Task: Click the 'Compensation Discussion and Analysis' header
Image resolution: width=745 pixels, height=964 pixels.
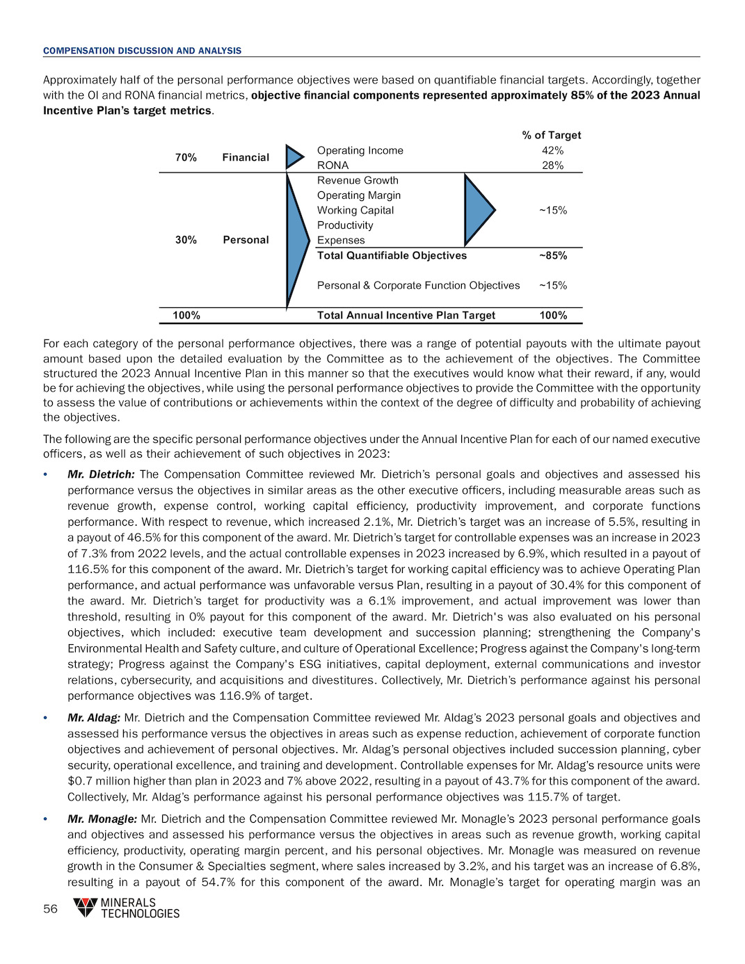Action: [142, 51]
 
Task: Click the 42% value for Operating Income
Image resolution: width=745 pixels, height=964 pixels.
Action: [552, 150]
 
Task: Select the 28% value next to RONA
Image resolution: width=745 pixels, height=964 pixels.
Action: [552, 166]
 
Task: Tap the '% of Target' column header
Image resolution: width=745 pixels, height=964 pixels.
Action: [552, 135]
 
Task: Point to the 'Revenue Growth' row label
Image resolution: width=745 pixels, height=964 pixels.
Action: [358, 180]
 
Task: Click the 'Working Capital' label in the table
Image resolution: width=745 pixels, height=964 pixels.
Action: [355, 210]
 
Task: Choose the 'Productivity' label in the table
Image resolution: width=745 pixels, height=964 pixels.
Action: [345, 225]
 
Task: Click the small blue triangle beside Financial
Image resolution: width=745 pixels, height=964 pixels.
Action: [294, 157]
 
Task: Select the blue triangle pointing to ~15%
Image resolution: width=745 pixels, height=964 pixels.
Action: [478, 209]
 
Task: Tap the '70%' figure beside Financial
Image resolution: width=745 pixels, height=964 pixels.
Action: [186, 158]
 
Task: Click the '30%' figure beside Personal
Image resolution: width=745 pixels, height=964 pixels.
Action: [186, 240]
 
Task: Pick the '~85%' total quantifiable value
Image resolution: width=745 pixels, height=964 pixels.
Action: [553, 255]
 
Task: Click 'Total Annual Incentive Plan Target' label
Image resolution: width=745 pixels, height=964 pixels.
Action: [406, 315]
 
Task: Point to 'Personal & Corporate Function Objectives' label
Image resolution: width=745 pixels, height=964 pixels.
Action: [418, 285]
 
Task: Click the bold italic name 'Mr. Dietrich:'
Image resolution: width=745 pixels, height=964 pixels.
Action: [101, 474]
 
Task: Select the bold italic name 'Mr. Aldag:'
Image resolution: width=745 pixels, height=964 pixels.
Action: [94, 718]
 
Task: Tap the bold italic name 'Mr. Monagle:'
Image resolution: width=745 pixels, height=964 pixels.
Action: [102, 819]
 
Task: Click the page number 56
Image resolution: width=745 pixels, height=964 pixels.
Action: [51, 909]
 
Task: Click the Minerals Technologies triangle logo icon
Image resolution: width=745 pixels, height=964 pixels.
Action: [86, 907]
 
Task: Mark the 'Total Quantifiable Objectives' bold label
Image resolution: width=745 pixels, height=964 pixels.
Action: [392, 255]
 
